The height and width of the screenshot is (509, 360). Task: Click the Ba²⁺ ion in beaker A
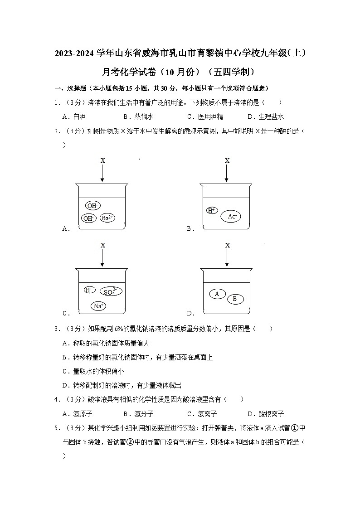point(107,218)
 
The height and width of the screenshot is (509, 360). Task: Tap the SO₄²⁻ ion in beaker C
point(110,291)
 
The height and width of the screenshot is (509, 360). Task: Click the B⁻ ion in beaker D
point(235,299)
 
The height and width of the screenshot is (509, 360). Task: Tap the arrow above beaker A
point(102,173)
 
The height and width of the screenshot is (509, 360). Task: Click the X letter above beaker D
point(227,245)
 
